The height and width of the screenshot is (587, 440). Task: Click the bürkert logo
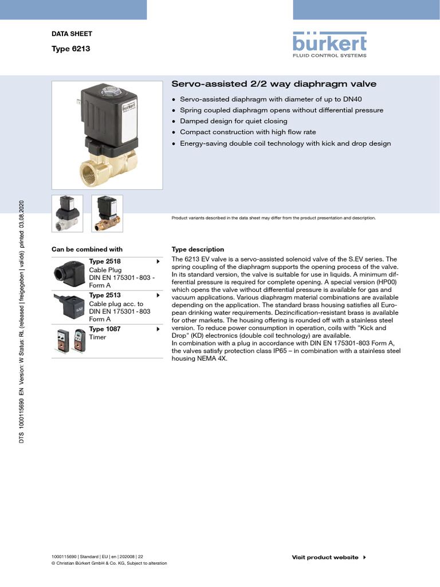[x=329, y=44]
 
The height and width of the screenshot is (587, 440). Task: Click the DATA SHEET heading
[x=72, y=34]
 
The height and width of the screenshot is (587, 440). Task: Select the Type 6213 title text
[x=70, y=49]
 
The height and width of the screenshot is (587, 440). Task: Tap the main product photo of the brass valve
[x=107, y=135]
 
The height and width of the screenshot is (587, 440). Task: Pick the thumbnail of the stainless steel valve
[x=67, y=213]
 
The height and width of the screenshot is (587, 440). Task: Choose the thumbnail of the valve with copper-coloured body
[x=107, y=213]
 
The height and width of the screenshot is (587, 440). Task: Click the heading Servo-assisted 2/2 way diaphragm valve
[x=274, y=84]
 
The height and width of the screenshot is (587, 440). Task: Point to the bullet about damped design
[x=233, y=122]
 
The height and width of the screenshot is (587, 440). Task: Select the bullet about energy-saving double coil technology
[x=285, y=143]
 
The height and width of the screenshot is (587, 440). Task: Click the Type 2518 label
[x=105, y=261]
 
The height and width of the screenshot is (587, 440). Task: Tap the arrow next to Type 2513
[x=158, y=295]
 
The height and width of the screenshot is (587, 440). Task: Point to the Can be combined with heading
[x=87, y=249]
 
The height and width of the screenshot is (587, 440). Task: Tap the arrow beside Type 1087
[x=158, y=329]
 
